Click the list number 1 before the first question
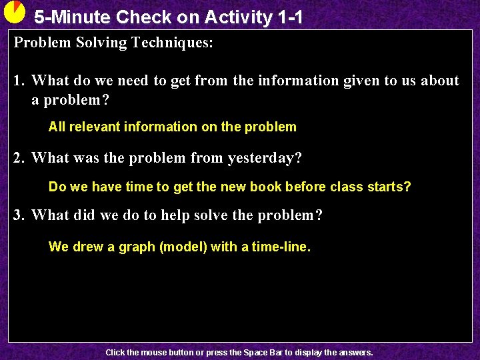[x=19, y=81]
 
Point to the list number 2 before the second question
[x=19, y=158]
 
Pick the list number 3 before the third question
[x=19, y=215]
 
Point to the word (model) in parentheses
[x=183, y=247]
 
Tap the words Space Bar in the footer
[x=263, y=352]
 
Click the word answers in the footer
[x=355, y=352]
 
